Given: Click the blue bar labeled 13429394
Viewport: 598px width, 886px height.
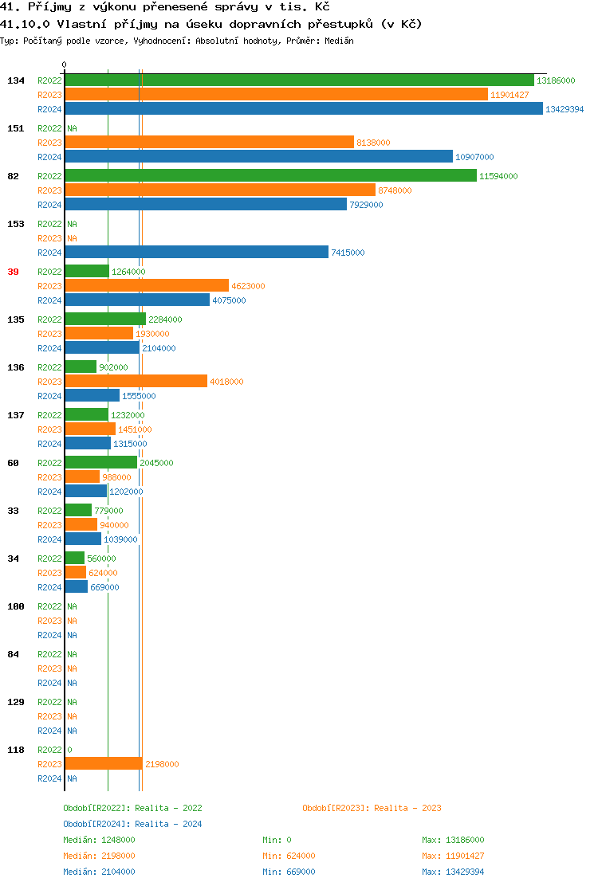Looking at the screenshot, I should (303, 109).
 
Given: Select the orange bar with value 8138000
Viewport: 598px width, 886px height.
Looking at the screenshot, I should (209, 142).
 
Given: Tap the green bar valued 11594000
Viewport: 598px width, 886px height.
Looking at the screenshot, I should (270, 175).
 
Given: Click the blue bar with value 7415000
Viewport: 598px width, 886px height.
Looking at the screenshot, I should (196, 252).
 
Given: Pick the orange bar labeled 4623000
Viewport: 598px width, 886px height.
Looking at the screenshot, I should (147, 285).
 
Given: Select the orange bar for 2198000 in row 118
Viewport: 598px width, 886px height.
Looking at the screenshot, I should (104, 763).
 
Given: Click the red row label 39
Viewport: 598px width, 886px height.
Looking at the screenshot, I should (13, 272).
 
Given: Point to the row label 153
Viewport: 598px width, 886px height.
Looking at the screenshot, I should (15, 224).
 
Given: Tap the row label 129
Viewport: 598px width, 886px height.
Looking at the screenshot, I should (15, 702).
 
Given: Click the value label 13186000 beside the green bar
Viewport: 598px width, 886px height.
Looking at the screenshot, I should (556, 80).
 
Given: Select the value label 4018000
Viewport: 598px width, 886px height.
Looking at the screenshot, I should (226, 382).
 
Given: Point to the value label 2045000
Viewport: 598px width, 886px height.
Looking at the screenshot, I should (156, 463).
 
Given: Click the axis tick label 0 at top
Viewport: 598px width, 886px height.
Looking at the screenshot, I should (65, 65).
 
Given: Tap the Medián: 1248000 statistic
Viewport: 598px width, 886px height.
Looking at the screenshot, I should (99, 840).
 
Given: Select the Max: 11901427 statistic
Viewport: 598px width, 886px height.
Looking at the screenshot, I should (453, 856).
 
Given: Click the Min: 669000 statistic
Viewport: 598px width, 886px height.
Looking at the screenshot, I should (289, 872).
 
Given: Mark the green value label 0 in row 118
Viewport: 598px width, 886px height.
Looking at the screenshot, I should (69, 750).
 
